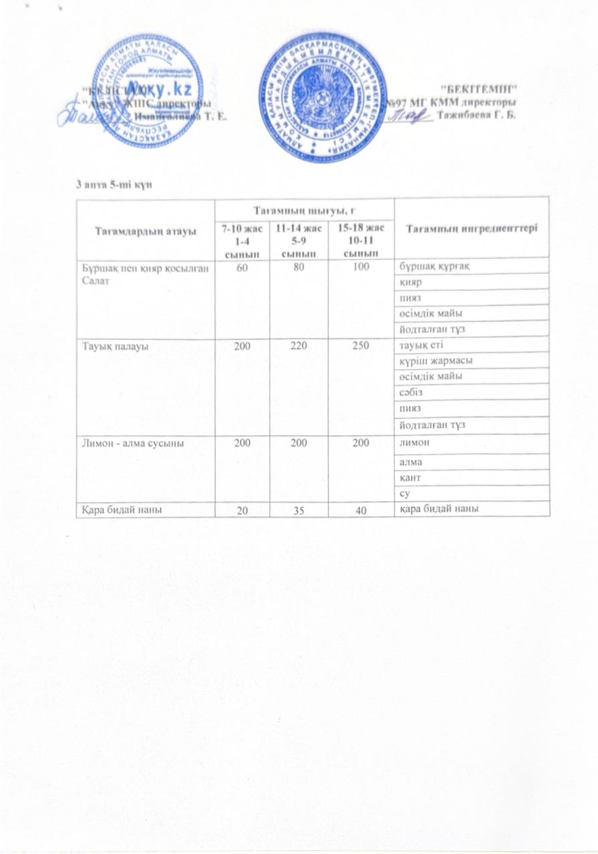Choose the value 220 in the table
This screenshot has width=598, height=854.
(298, 345)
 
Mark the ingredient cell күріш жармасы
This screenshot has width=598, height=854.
(430, 361)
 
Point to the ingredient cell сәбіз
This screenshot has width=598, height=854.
(408, 393)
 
